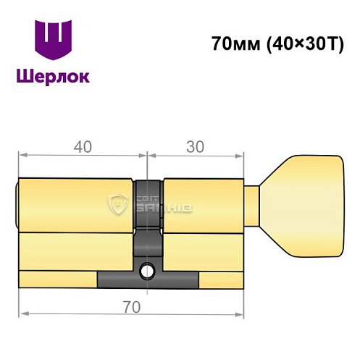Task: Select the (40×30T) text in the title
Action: coord(303,43)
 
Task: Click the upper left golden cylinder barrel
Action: coord(76,203)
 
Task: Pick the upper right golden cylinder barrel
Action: coord(203,203)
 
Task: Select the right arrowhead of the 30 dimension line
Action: coord(241,154)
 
